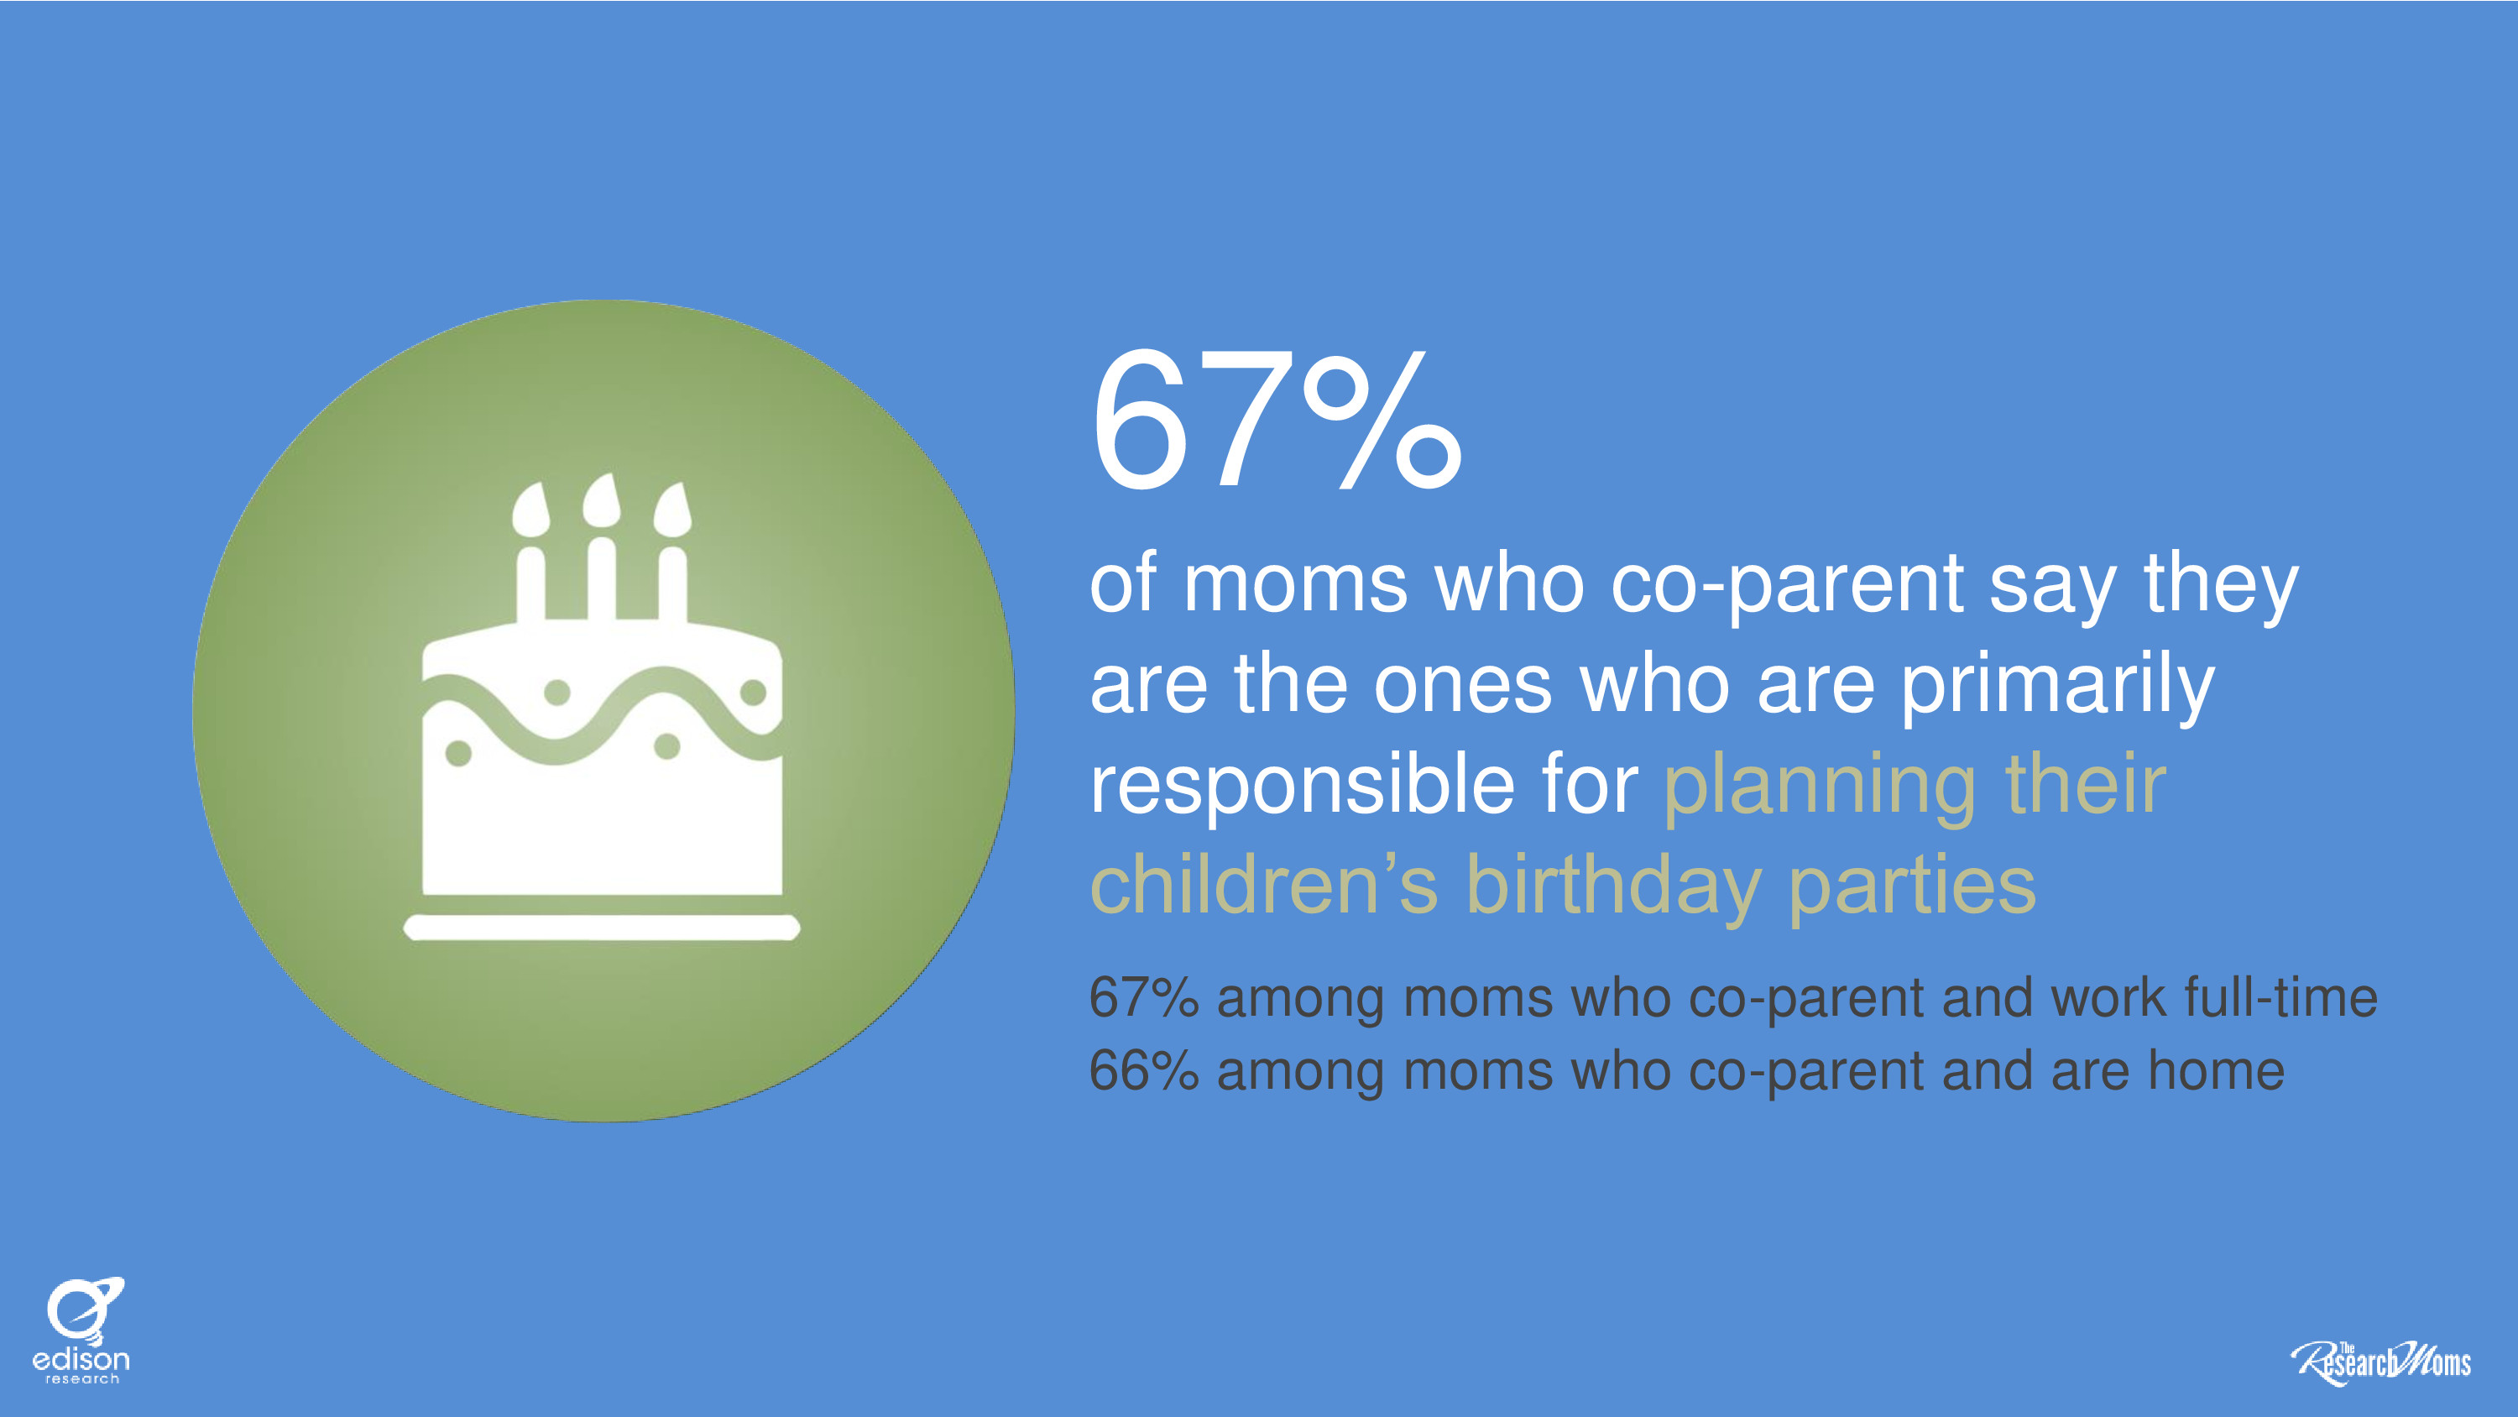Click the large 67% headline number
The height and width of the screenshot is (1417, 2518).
(x=1277, y=420)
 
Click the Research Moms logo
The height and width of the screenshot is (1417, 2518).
(x=2380, y=1362)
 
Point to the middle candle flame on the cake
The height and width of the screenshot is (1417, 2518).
(x=601, y=500)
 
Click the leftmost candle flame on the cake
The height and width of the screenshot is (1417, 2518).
(x=530, y=509)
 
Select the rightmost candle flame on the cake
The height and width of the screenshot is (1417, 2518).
(x=672, y=509)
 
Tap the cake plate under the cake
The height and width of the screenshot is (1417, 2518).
(x=602, y=927)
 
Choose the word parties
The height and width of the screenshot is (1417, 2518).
(x=1912, y=888)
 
